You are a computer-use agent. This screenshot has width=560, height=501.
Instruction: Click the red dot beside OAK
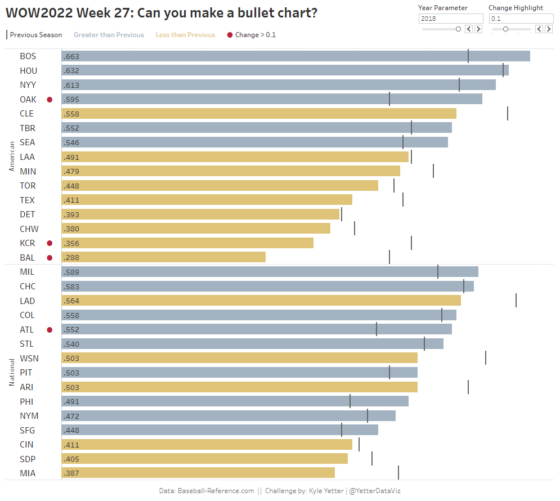50,100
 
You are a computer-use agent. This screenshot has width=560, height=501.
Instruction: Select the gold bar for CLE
259,114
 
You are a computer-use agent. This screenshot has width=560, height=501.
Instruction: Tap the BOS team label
28,56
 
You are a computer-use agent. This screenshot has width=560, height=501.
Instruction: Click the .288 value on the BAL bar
72,258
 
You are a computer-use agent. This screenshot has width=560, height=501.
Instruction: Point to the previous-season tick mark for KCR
411,243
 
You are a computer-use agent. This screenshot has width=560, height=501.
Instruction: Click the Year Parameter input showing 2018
450,19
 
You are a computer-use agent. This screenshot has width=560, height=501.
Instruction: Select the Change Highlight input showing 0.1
521,19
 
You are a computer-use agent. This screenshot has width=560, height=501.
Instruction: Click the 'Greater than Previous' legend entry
109,35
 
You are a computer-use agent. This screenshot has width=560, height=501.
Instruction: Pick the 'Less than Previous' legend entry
185,35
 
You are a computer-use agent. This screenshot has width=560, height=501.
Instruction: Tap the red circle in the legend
230,35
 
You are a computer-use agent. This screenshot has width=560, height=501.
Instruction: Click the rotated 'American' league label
12,156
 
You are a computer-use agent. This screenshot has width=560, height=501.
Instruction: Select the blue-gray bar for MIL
270,272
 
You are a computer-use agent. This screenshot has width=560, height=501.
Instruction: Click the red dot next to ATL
50,330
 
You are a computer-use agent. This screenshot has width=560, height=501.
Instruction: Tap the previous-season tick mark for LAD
516,301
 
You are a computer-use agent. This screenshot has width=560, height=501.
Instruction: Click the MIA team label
28,473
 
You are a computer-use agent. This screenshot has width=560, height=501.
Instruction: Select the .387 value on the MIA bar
72,473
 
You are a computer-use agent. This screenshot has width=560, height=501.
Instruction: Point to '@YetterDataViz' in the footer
375,491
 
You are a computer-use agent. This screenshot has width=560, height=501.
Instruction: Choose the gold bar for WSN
240,359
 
